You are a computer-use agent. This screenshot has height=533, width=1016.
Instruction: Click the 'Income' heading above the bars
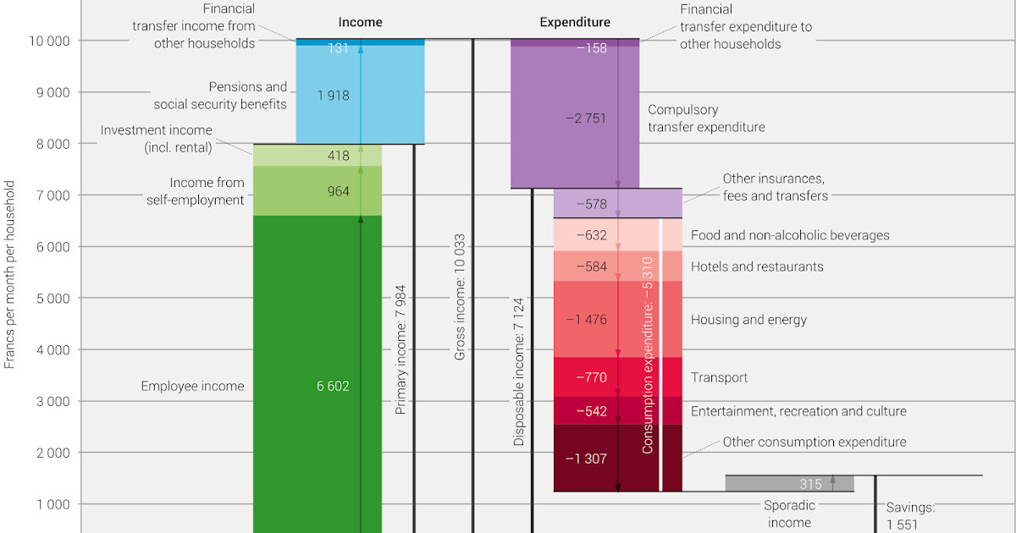coord(360,22)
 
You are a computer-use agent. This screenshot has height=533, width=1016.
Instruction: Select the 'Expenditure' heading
coord(575,22)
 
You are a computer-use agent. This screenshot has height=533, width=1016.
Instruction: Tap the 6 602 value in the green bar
coord(333,386)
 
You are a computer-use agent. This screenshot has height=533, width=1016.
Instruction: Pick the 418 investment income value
coord(338,156)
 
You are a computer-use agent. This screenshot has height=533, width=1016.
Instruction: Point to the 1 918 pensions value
coord(333,96)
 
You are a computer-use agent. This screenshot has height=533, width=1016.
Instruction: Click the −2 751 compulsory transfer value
coord(586,118)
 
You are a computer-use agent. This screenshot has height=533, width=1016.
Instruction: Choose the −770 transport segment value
coord(591,377)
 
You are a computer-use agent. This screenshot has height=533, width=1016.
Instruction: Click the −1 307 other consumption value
coord(586,458)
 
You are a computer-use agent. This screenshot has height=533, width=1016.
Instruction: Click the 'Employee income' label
coord(192,386)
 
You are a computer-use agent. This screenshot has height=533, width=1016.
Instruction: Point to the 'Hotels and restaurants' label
coord(757,266)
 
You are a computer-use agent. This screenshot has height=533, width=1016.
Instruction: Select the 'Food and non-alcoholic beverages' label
coord(790,235)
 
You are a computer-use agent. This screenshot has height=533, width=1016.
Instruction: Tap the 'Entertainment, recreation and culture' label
coord(798,411)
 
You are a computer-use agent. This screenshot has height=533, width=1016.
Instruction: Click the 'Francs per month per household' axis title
coord(10,274)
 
